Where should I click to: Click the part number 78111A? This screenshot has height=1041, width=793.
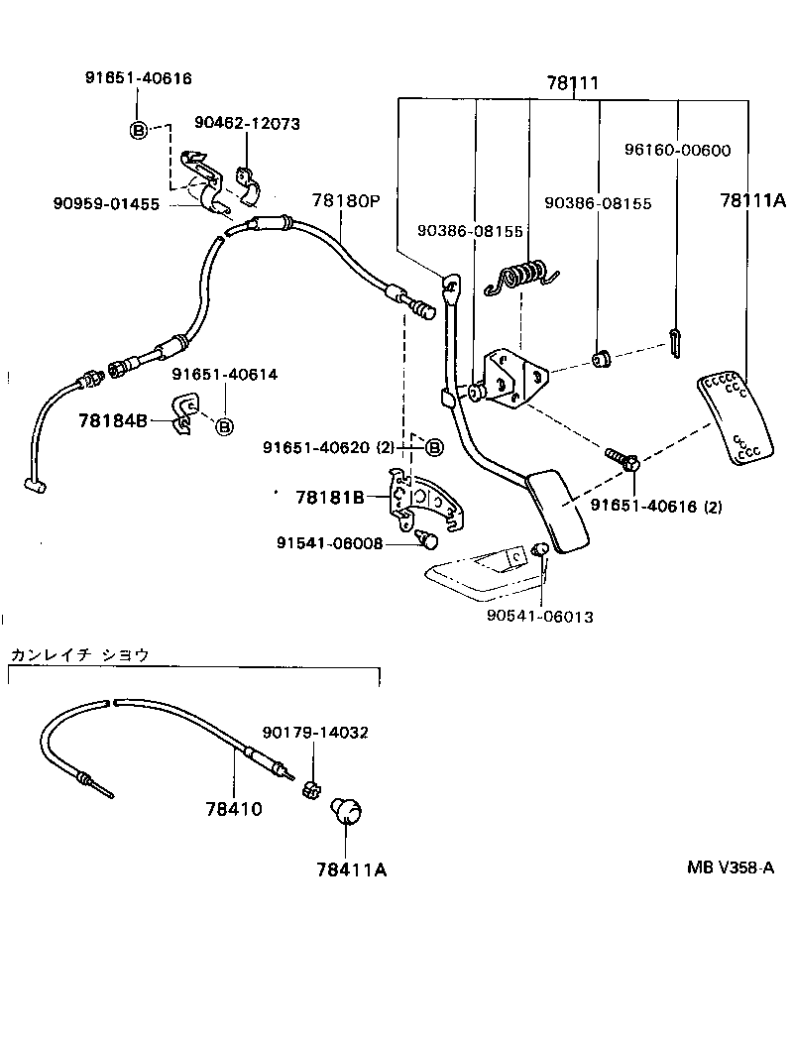(x=752, y=200)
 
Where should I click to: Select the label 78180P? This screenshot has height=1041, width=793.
(x=346, y=200)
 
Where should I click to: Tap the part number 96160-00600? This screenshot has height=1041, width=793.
(x=677, y=150)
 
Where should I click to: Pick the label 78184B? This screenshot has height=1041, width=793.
(x=113, y=420)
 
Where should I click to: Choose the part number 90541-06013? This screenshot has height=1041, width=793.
(x=539, y=617)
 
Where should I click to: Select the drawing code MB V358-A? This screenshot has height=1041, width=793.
(x=730, y=867)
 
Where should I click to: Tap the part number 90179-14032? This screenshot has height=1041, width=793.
(x=315, y=733)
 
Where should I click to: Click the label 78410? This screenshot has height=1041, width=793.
(x=234, y=809)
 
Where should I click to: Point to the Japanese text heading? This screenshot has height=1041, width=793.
(x=79, y=655)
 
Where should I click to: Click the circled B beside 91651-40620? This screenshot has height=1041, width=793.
(x=433, y=448)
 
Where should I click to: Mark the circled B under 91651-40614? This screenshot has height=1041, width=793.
(x=225, y=426)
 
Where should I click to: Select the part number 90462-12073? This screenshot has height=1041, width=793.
(x=247, y=124)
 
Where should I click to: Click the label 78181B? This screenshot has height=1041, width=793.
(x=330, y=498)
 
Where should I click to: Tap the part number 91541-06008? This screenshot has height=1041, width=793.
(x=330, y=543)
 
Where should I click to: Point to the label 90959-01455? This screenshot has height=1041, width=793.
(x=106, y=204)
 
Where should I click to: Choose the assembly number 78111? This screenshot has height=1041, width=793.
(x=573, y=83)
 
